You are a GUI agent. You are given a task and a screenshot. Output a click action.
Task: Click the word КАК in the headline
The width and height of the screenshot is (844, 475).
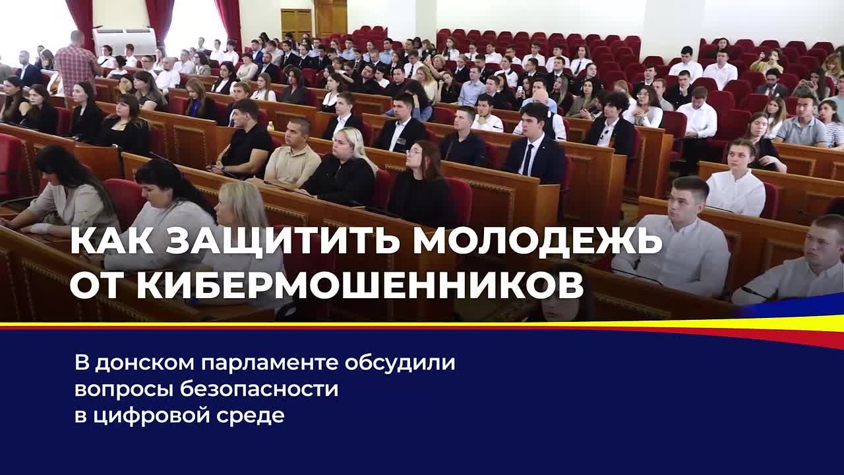(112, 241)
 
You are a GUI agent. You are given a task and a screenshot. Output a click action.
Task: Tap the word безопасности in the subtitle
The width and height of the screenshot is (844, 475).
(259, 389)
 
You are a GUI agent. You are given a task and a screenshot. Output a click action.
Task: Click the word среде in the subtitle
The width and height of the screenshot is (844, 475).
(250, 416)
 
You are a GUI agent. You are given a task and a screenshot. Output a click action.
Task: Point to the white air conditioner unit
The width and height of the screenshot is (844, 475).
(125, 41)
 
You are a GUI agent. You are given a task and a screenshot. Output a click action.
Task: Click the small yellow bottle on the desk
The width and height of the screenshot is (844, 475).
(270, 125)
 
